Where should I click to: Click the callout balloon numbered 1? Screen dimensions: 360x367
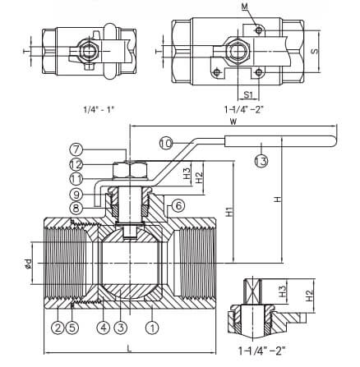[x=153, y=328]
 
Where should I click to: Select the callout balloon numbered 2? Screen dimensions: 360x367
[x=58, y=328]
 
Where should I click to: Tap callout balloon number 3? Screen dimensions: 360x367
[x=121, y=328]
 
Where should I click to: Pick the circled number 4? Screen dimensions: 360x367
[x=104, y=328]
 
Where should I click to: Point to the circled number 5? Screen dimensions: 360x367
[x=72, y=328]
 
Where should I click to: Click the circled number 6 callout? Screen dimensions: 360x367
[x=178, y=205]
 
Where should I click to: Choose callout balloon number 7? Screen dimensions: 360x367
[x=76, y=149]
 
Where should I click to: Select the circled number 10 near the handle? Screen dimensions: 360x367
[x=166, y=143]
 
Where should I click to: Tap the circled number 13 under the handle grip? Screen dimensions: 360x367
[x=261, y=161]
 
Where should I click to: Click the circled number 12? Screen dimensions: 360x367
[x=76, y=165]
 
